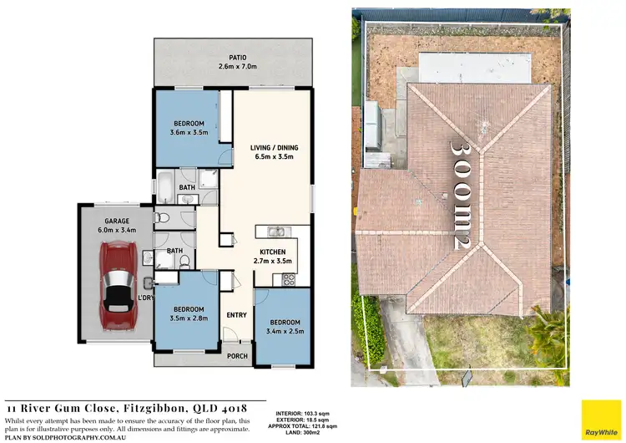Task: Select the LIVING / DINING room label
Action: click(x=274, y=148)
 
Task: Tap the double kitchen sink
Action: click(x=275, y=232)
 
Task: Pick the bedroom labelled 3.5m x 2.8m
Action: click(x=187, y=313)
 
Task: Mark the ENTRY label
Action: click(x=237, y=315)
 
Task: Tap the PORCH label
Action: click(x=238, y=355)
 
